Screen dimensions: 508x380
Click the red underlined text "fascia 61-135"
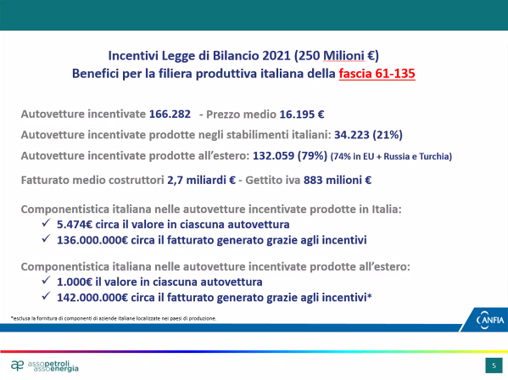point(377,74)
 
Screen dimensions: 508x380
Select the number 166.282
point(170,114)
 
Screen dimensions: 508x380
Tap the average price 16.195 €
point(302,114)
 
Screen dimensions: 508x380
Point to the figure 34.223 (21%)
point(368,134)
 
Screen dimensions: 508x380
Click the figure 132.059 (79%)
point(290,155)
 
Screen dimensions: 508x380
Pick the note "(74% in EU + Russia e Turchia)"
point(391,156)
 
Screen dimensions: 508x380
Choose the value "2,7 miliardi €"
point(201,180)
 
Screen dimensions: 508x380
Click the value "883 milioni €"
point(338,180)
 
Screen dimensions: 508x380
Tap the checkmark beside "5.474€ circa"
point(46,222)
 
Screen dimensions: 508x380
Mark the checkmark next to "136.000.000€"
point(46,238)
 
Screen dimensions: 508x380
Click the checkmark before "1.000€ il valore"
point(46,280)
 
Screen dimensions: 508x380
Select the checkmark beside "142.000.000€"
point(46,295)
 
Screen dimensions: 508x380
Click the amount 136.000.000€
point(92,240)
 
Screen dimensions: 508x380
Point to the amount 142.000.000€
point(92,297)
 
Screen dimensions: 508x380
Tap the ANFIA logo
point(490,320)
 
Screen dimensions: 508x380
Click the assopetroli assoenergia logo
point(45,366)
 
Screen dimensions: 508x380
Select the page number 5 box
point(494,366)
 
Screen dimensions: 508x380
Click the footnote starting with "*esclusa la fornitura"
point(114,318)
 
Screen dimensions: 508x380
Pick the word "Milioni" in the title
point(343,56)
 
